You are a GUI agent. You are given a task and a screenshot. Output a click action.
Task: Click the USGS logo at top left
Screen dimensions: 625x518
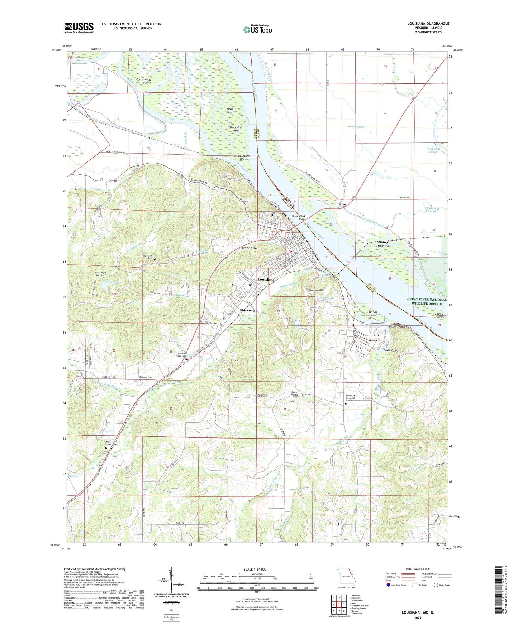[79, 27]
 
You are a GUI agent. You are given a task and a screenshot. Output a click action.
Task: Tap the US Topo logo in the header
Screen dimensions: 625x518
[257, 29]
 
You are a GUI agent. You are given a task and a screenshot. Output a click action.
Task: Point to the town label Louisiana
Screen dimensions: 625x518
[266, 280]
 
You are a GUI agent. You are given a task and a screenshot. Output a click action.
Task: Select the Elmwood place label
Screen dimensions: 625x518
[247, 310]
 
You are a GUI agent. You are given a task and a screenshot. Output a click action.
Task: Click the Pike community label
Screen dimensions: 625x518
[343, 204]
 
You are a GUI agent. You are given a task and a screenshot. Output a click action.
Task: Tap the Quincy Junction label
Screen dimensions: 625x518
[382, 244]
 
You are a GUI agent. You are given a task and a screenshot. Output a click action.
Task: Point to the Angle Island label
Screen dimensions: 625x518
[230, 110]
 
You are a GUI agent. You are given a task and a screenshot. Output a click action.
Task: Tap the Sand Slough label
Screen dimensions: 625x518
[356, 127]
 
